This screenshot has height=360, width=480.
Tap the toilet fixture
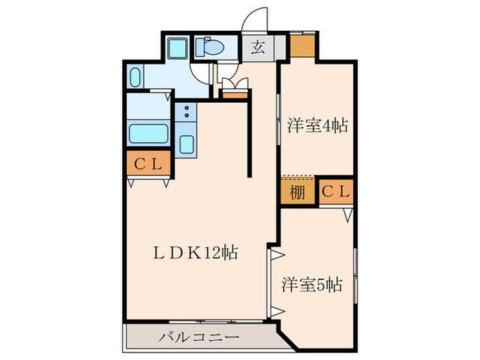tap(207, 47)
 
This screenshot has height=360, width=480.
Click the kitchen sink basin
tap(186, 145)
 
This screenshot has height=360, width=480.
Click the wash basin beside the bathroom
tap(134, 77)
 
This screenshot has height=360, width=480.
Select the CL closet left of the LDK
tap(147, 164)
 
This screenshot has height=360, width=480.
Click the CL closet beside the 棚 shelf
tap(336, 192)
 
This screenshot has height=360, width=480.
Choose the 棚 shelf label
tap(297, 192)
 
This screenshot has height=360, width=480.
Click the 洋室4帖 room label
tap(317, 126)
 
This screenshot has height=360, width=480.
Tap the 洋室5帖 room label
tap(312, 283)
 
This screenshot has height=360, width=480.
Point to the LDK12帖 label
tap(195, 252)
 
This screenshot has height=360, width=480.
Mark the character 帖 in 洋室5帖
tap(334, 283)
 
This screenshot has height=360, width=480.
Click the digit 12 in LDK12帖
tap(212, 252)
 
